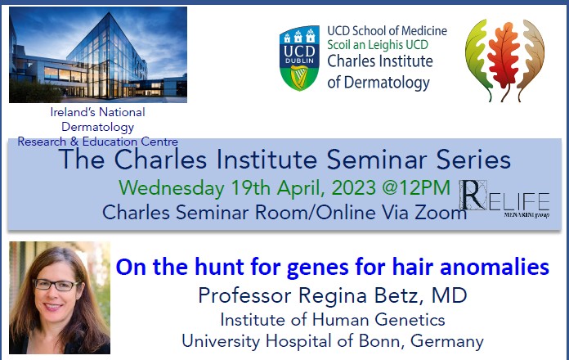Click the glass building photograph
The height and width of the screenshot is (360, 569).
tap(97, 54)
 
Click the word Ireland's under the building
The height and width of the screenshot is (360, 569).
tap(74, 112)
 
